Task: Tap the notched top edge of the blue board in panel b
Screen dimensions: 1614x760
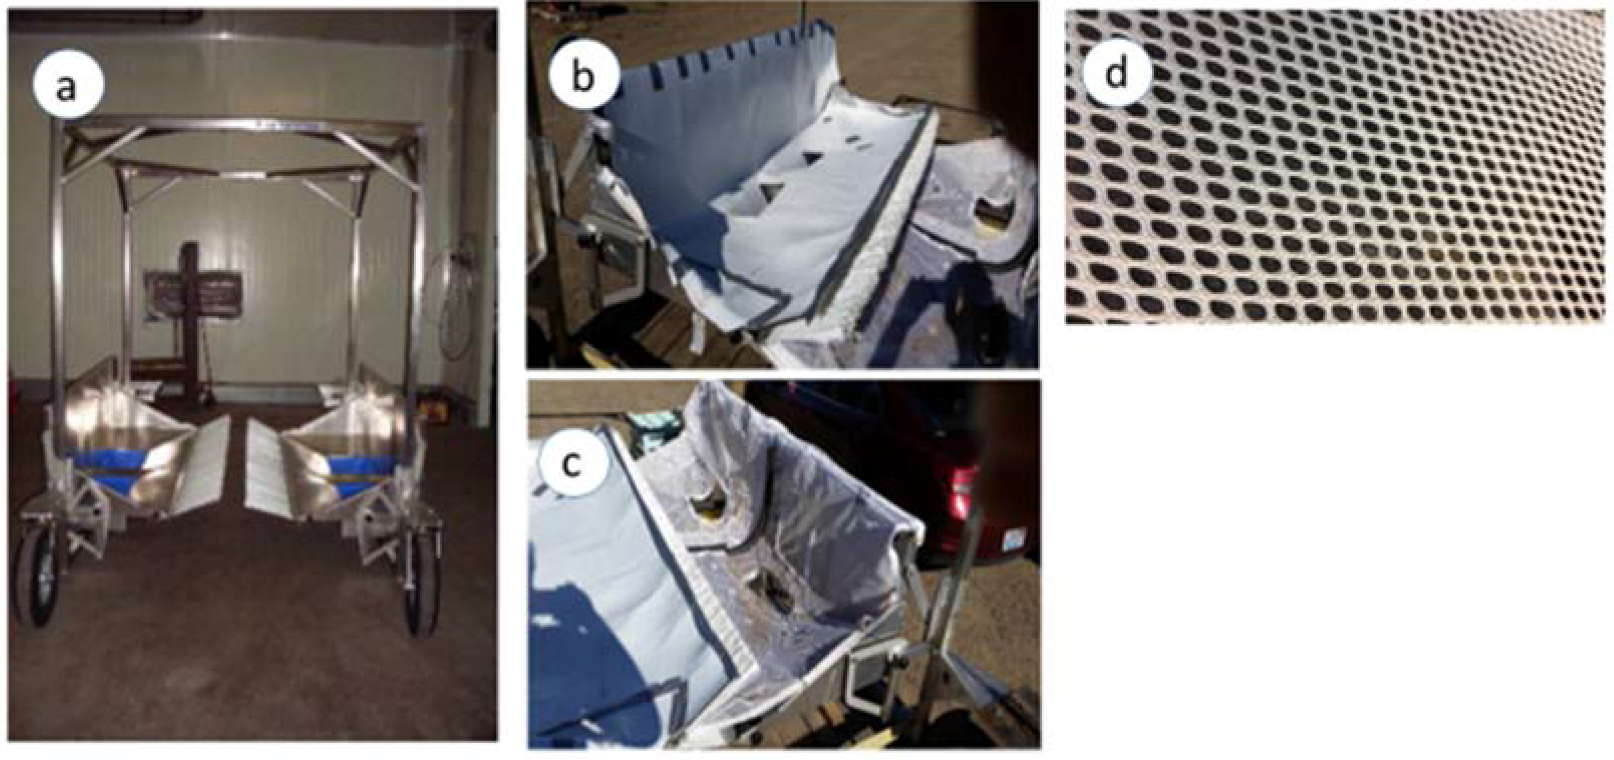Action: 721,47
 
